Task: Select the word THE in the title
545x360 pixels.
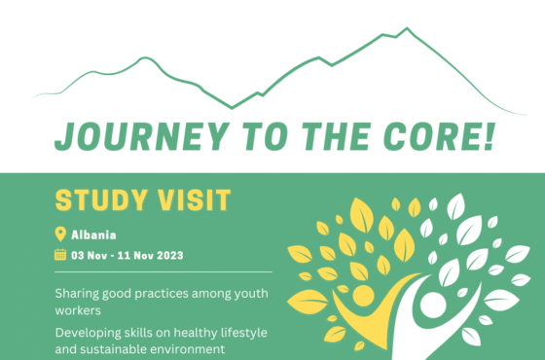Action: tap(326, 137)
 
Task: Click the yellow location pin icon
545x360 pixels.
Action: tap(60, 234)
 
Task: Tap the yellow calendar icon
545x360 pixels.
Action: tap(60, 255)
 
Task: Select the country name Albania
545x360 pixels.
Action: tap(93, 234)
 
